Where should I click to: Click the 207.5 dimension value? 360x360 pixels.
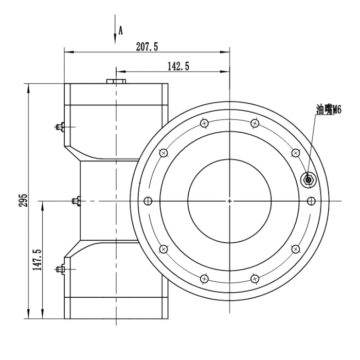pyautogui.click(x=147, y=47)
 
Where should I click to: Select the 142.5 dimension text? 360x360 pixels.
pyautogui.click(x=178, y=66)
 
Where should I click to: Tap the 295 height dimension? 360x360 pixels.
pyautogui.click(x=23, y=200)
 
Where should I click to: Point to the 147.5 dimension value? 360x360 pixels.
pyautogui.click(x=37, y=260)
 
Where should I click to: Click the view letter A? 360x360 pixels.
pyautogui.click(x=120, y=30)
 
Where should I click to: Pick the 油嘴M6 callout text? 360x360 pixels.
pyautogui.click(x=329, y=110)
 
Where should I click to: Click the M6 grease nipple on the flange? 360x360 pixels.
pyautogui.click(x=309, y=179)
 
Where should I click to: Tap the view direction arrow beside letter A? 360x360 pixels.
pyautogui.click(x=115, y=29)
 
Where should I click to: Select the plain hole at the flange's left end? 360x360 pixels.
pyautogui.click(x=148, y=201)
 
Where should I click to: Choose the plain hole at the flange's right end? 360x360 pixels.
pyautogui.click(x=311, y=201)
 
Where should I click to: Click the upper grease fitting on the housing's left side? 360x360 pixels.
pyautogui.click(x=60, y=127)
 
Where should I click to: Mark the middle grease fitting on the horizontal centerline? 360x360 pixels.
pyautogui.click(x=76, y=201)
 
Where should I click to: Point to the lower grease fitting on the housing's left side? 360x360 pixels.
pyautogui.click(x=60, y=269)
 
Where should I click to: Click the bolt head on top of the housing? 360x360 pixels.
pyautogui.click(x=116, y=81)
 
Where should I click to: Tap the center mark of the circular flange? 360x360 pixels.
pyautogui.click(x=229, y=201)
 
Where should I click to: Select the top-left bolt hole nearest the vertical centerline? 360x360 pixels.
pyautogui.click(x=204, y=123)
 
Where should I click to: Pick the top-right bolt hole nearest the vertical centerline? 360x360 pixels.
pyautogui.click(x=255, y=123)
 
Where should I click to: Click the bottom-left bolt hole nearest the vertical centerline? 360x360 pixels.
pyautogui.click(x=204, y=279)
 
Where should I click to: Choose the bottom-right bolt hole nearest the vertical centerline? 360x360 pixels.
pyautogui.click(x=255, y=279)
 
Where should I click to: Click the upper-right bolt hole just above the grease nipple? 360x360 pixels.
pyautogui.click(x=296, y=153)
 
